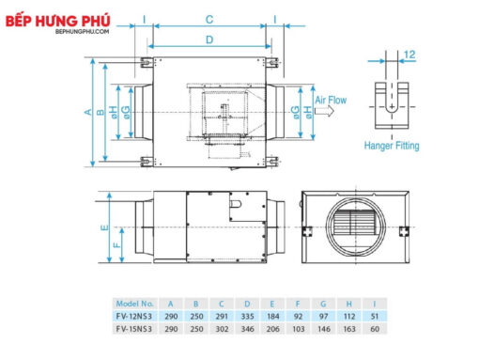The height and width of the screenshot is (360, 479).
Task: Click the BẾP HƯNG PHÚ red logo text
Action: pos(58,21)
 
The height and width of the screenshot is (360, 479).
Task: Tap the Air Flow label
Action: pos(331,101)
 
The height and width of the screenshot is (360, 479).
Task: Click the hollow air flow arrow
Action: pos(324,111)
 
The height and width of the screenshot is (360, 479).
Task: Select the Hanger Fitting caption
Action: pos(392,146)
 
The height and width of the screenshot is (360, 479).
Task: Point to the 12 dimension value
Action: pos(409,55)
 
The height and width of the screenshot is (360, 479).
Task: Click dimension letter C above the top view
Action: pos(209,20)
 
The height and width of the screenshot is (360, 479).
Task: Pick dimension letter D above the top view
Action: pos(209,39)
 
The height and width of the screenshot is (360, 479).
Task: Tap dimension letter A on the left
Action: pos(88,112)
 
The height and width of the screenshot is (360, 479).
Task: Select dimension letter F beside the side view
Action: pos(117,244)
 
